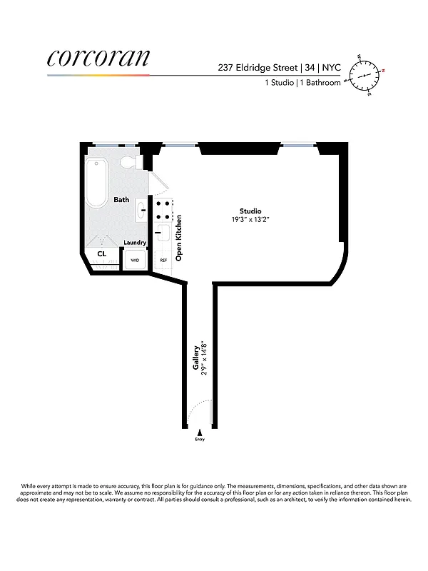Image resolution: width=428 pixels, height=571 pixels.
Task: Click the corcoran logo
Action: coord(98,59)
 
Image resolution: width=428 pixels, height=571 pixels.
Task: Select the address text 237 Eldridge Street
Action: coord(261,68)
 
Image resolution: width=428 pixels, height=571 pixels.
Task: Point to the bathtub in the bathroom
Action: coord(96,183)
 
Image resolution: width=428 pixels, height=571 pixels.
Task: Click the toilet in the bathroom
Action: coord(129,163)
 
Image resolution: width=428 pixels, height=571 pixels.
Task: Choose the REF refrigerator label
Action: coord(163,260)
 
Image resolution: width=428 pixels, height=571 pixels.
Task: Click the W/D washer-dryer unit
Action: coord(135,260)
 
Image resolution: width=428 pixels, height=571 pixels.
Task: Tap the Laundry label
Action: coord(135,243)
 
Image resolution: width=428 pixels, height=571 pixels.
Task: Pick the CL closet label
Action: coord(102,253)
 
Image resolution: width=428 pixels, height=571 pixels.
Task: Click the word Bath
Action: coord(121,200)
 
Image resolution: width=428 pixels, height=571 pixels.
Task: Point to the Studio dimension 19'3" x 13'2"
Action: coord(250,219)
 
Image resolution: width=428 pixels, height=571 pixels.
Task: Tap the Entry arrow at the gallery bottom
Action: coord(200,433)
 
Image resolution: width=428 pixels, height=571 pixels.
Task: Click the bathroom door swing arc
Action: coord(160,183)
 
